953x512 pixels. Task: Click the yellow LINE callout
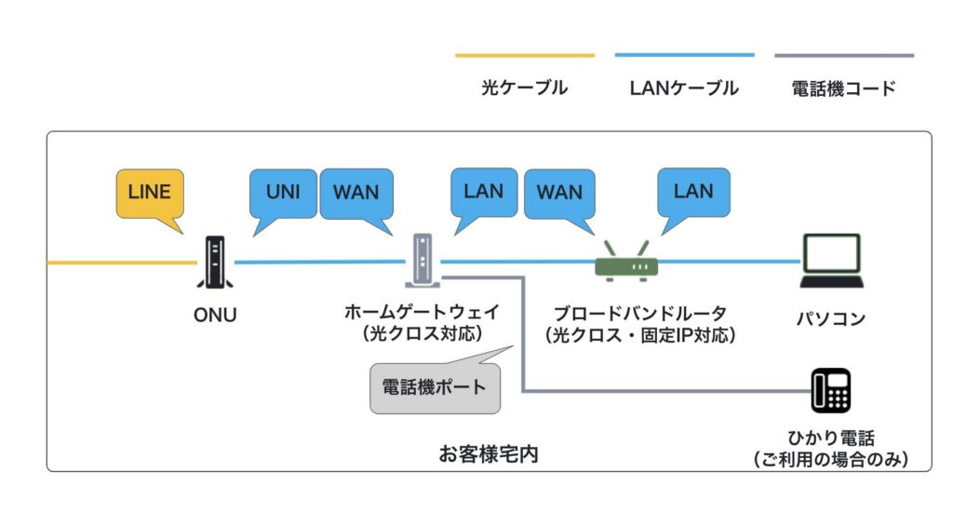tap(150, 193)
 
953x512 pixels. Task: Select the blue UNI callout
tap(283, 193)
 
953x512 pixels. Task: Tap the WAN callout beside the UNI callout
tap(356, 193)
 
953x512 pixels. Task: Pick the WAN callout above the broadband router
tap(559, 193)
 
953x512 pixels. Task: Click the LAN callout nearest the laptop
tap(693, 192)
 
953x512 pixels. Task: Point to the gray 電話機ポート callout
tap(435, 385)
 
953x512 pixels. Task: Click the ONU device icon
tap(215, 263)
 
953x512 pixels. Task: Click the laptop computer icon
tap(830, 261)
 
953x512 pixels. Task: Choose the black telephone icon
tap(830, 390)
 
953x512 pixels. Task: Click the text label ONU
tap(215, 316)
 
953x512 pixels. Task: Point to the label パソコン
tap(830, 318)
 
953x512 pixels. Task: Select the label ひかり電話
tap(830, 438)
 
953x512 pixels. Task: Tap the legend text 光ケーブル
tap(524, 88)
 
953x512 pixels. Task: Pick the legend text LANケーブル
tap(684, 88)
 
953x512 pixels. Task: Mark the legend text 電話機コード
tap(843, 88)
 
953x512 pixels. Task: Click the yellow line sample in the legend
tap(524, 56)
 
